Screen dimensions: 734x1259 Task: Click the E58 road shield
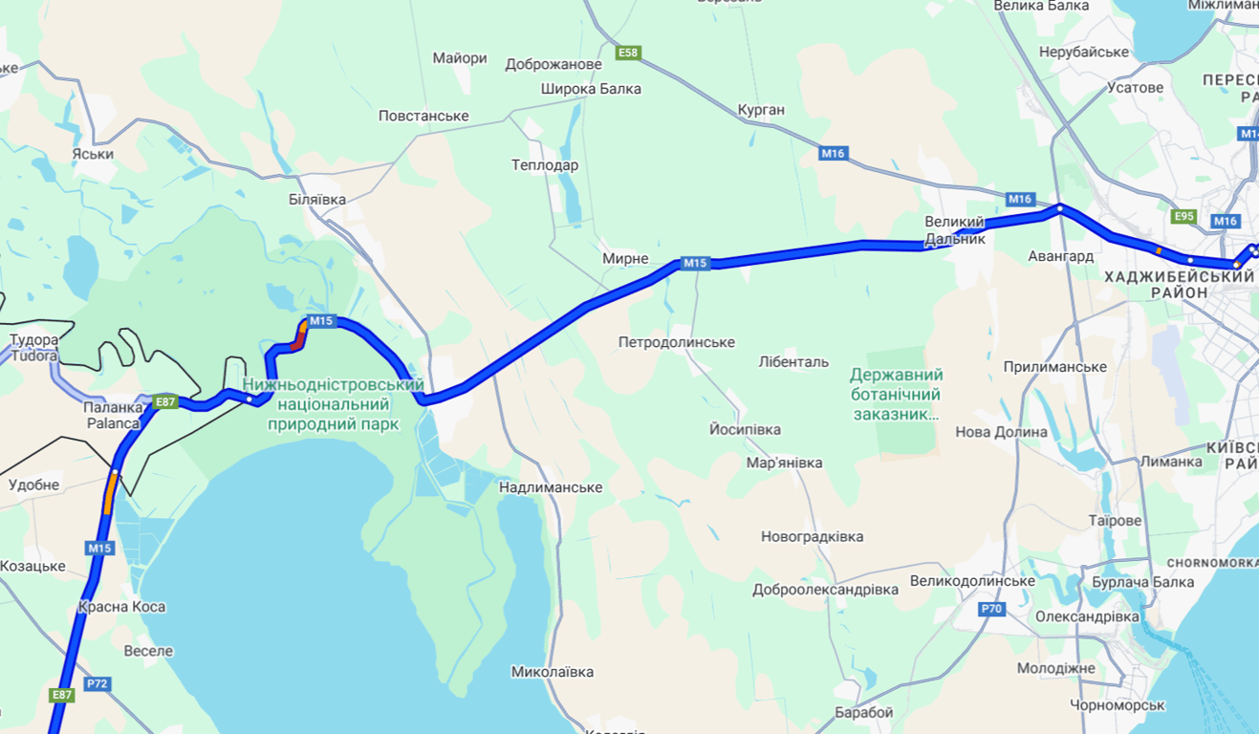point(628,53)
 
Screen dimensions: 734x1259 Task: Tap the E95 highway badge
point(1183,216)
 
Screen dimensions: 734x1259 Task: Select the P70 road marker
point(991,608)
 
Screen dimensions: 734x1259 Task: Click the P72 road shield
point(97,683)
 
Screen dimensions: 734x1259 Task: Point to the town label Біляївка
point(316,200)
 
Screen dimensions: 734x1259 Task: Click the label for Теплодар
point(545,165)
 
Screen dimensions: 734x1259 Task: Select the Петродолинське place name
point(676,342)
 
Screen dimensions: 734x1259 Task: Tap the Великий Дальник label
point(954,230)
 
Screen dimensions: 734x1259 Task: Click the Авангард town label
point(1060,256)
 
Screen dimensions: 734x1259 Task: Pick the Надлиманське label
point(551,487)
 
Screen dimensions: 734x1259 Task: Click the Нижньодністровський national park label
point(333,403)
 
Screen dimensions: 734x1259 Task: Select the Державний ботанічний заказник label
point(896,395)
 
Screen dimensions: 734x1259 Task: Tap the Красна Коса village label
point(122,607)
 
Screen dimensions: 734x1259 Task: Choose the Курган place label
point(761,110)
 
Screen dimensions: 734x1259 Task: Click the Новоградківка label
point(812,536)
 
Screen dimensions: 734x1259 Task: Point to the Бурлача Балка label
point(1142,582)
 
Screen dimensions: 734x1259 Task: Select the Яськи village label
point(93,154)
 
